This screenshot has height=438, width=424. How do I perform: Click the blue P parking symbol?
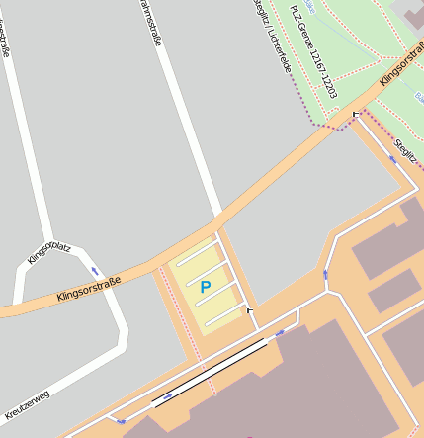pyautogui.click(x=206, y=287)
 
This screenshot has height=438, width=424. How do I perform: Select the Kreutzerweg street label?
pyautogui.click(x=27, y=404)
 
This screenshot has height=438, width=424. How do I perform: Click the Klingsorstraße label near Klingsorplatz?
pyautogui.click(x=88, y=289)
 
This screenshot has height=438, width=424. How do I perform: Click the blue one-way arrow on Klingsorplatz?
pyautogui.click(x=95, y=270)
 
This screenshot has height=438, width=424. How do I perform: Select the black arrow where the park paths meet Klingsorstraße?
pyautogui.click(x=356, y=116)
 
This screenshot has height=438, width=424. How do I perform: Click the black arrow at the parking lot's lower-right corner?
pyautogui.click(x=249, y=311)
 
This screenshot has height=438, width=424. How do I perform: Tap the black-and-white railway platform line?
pyautogui.click(x=209, y=372)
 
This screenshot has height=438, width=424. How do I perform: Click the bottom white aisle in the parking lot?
pyautogui.click(x=223, y=317)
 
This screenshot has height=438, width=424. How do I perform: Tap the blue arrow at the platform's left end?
pyautogui.click(x=168, y=396)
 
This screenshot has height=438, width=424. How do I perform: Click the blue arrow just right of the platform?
pyautogui.click(x=281, y=333)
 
